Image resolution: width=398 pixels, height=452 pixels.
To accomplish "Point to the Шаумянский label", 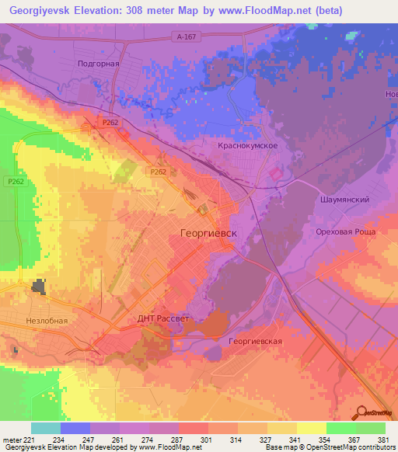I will [344, 199].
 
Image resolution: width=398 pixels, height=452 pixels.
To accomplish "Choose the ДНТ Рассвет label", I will [164, 318].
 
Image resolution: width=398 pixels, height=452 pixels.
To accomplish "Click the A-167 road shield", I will [183, 36].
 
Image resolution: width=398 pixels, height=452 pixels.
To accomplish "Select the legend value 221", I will [29, 439].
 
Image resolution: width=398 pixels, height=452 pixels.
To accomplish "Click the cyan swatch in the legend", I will [45, 428].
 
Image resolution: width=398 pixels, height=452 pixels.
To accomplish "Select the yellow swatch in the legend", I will [311, 428].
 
